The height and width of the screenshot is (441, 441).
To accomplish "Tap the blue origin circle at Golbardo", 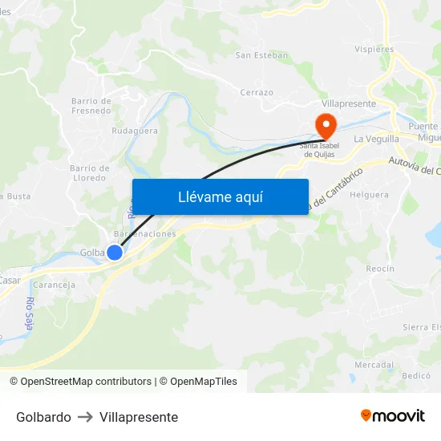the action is click(x=115, y=252).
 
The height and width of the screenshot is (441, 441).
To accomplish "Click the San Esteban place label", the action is click(x=261, y=55).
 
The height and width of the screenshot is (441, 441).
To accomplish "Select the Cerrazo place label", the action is click(x=257, y=93).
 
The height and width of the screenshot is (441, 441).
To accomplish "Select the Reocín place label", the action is click(x=381, y=269).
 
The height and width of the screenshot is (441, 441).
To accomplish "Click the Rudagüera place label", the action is click(x=135, y=130).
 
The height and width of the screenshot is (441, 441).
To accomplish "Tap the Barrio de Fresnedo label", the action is click(x=91, y=106).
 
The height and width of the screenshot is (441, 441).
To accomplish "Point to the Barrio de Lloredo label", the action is click(x=89, y=173).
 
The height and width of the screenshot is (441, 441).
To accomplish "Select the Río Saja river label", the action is click(x=30, y=314).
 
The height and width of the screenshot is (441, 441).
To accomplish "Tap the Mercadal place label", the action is click(x=374, y=364).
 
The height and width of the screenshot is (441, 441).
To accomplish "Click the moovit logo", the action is click(x=393, y=416).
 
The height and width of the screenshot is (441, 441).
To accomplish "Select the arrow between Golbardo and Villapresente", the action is click(x=85, y=418).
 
